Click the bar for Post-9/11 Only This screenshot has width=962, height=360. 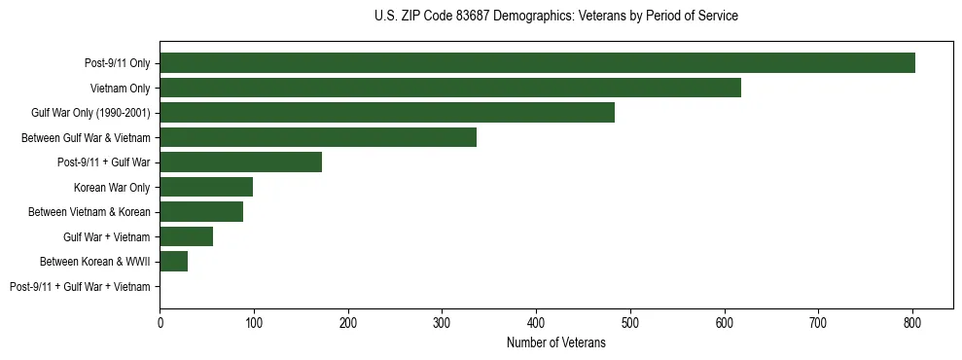(x=537, y=63)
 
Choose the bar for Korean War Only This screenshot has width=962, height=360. (x=206, y=187)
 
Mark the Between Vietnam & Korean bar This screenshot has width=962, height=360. (x=201, y=212)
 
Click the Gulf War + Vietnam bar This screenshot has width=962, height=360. (x=186, y=236)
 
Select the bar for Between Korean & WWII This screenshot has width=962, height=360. (x=173, y=262)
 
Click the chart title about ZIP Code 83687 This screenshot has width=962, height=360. (x=555, y=17)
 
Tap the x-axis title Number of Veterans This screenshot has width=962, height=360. (x=555, y=342)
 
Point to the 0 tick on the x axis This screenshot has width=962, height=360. (x=160, y=322)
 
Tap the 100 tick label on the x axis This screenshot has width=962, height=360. (x=254, y=322)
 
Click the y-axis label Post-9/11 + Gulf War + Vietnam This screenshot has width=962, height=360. (x=80, y=287)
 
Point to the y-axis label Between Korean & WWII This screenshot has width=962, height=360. (x=95, y=262)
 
